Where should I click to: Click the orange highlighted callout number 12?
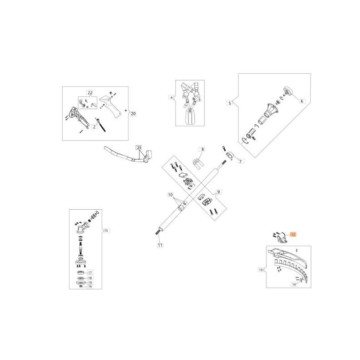point(293,234)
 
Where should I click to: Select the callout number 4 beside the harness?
point(171,97)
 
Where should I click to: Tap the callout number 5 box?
point(230,103)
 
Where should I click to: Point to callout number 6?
point(302,101)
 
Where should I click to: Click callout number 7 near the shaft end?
point(240,161)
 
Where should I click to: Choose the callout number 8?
point(202,149)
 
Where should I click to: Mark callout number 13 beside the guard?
point(261,270)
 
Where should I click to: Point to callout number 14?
point(294,284)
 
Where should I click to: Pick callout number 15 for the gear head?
point(106,230)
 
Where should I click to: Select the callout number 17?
point(90,273)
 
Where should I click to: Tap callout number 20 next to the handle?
point(133,114)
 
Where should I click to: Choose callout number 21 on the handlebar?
point(139,148)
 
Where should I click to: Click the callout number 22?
point(90,92)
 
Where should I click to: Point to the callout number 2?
point(94,127)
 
